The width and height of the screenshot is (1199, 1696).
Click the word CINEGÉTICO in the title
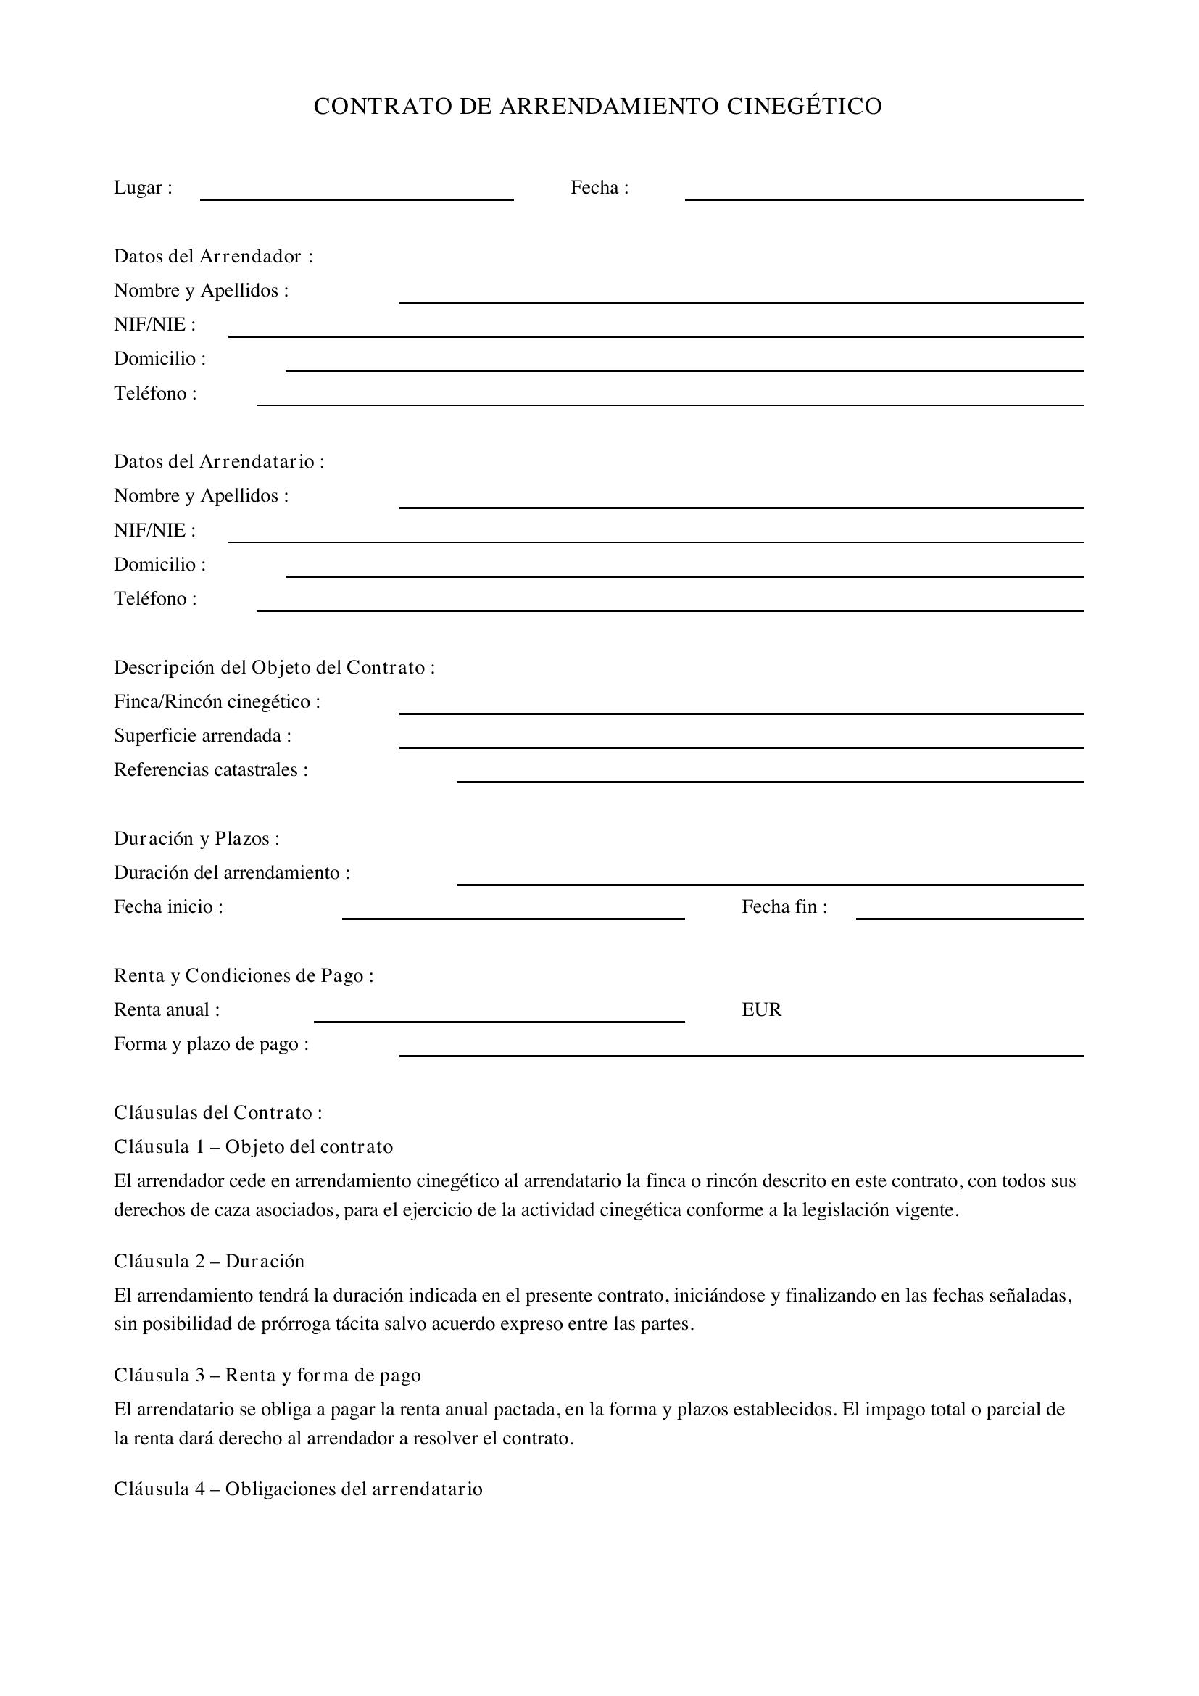tap(804, 107)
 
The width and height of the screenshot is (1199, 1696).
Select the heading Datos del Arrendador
tap(213, 256)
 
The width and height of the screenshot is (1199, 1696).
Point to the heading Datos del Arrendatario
tap(219, 462)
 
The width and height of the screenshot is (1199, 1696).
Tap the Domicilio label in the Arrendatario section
tap(159, 564)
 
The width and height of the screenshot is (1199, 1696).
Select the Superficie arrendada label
tap(202, 736)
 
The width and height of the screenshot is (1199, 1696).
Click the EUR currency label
tap(761, 1010)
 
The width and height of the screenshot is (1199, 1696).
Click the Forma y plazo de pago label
tap(211, 1044)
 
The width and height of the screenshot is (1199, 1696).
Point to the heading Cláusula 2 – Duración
tap(209, 1261)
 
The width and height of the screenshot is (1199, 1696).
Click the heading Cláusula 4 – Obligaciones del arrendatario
tap(298, 1489)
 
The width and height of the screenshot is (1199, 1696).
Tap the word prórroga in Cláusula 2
tap(293, 1323)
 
